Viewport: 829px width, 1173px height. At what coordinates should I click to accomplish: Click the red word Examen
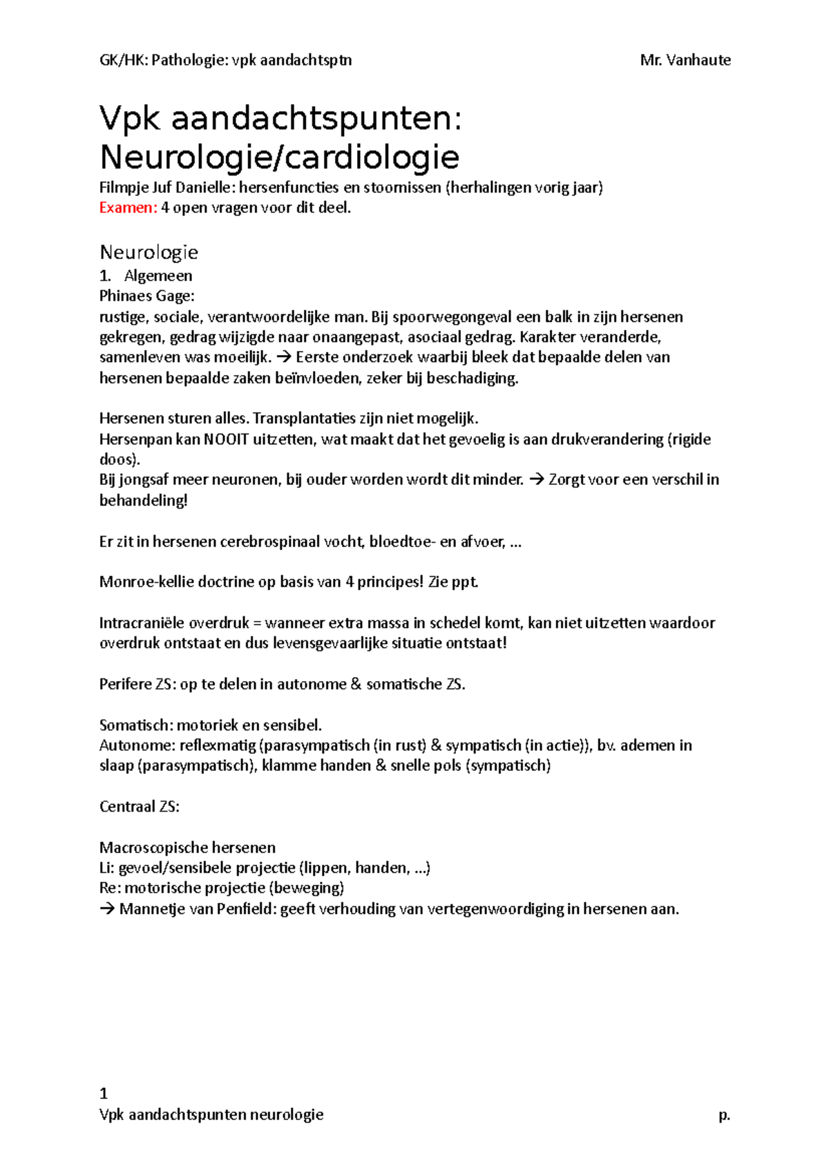point(128,208)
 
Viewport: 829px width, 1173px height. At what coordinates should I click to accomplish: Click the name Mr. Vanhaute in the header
point(685,60)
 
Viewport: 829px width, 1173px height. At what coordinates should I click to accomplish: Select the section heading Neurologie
point(149,252)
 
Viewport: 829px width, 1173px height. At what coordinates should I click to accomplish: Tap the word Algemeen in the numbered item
point(158,276)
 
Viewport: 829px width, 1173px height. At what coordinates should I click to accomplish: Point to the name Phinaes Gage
point(146,296)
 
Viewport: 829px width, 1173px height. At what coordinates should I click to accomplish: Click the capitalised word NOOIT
point(226,439)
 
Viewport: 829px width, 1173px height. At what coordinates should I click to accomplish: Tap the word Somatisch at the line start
point(135,725)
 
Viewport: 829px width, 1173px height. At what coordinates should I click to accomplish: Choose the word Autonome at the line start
point(136,745)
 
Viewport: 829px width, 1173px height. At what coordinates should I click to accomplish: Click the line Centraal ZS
point(139,807)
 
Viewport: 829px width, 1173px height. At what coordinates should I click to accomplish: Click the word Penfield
point(246,909)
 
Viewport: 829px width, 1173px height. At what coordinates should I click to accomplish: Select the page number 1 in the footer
point(104,1094)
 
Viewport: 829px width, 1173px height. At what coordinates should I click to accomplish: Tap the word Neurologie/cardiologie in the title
point(279,157)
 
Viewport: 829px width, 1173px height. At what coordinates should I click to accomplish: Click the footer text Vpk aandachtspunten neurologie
point(211,1114)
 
